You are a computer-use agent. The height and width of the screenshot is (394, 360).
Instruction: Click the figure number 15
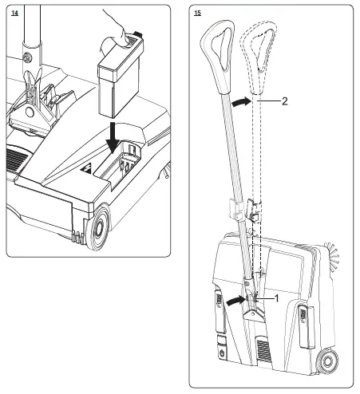(197, 14)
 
